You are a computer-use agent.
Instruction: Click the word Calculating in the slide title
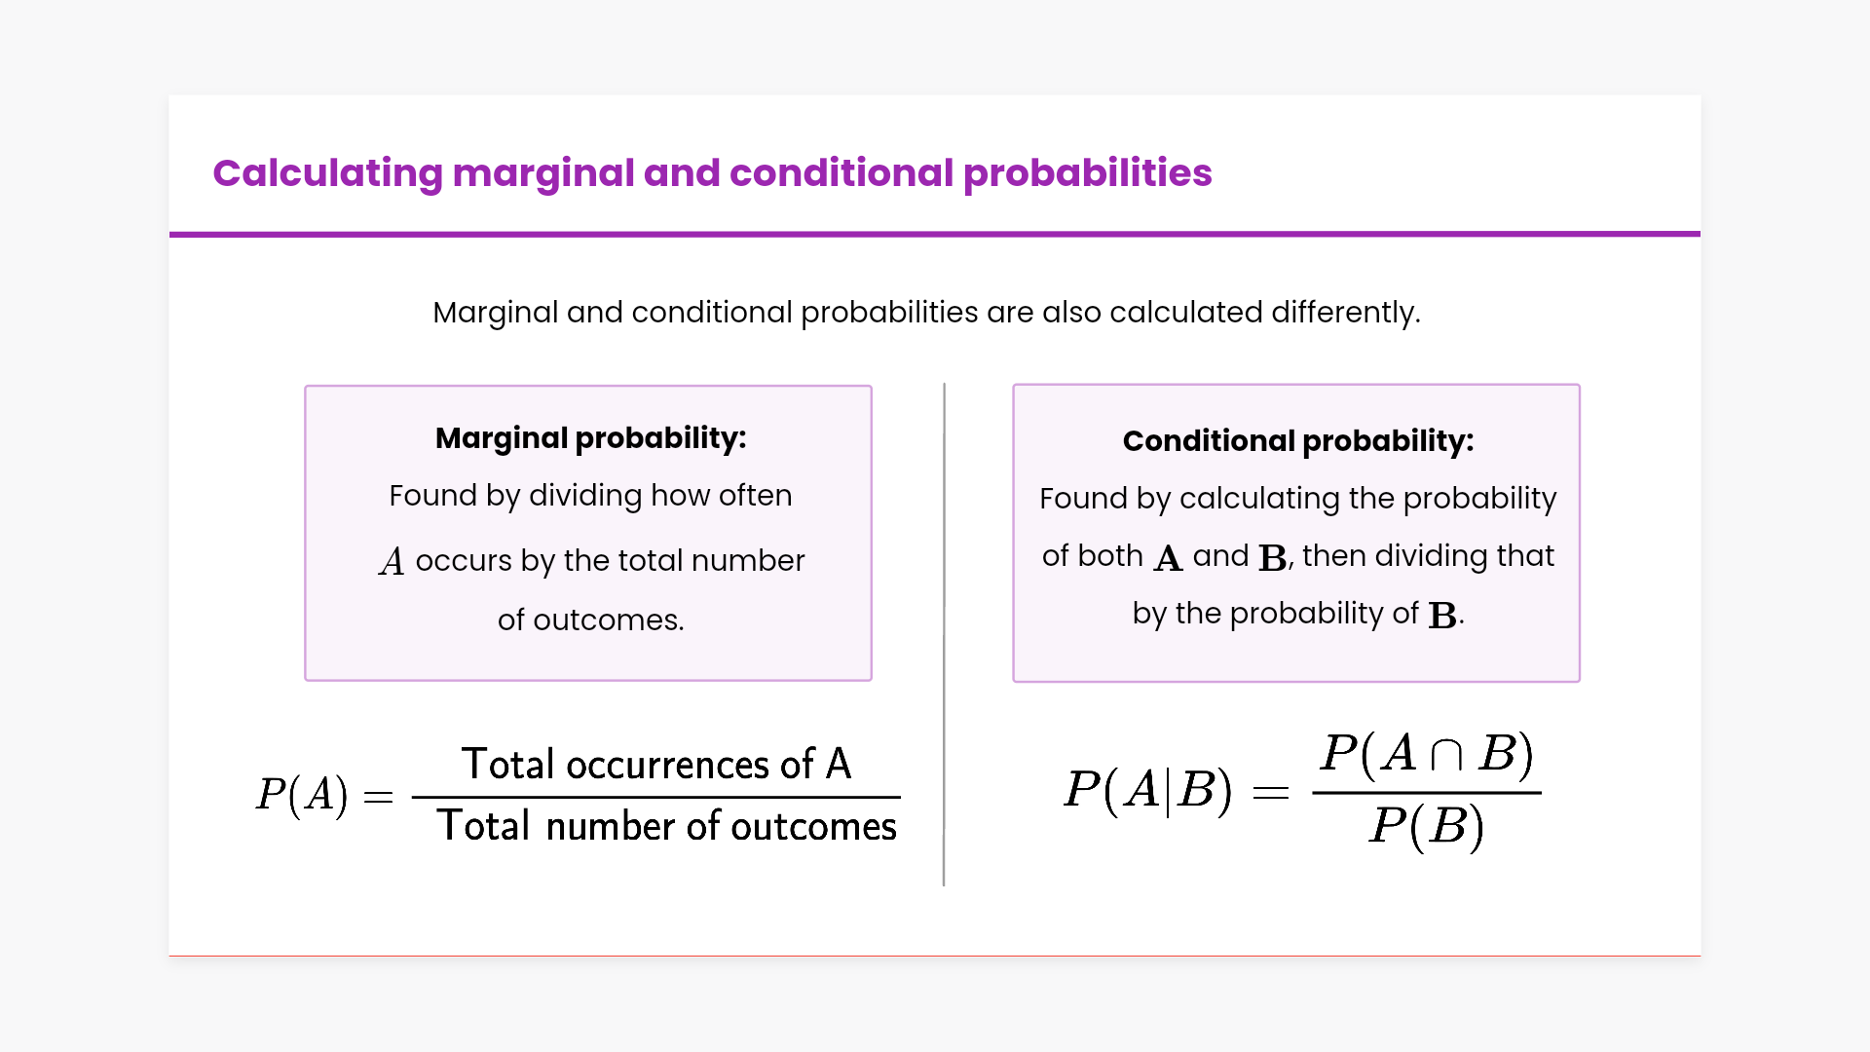(328, 173)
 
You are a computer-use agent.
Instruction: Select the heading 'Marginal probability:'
(591, 438)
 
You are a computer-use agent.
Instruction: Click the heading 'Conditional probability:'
(1298, 441)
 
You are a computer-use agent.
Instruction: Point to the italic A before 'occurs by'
(392, 561)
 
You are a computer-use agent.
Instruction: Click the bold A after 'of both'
(1168, 558)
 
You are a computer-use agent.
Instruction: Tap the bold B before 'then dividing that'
(1272, 558)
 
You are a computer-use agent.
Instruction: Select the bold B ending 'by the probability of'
(1442, 616)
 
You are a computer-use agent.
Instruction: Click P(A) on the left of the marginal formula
(302, 794)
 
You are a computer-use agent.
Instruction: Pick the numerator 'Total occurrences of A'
(656, 765)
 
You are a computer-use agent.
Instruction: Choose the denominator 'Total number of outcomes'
(667, 826)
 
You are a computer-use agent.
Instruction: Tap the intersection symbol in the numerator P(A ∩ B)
(1446, 755)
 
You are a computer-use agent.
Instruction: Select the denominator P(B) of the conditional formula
(1427, 827)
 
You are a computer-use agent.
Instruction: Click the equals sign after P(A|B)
(1271, 793)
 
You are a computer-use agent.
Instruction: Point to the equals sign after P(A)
(378, 798)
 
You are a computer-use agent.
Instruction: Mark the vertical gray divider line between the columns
(944, 635)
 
